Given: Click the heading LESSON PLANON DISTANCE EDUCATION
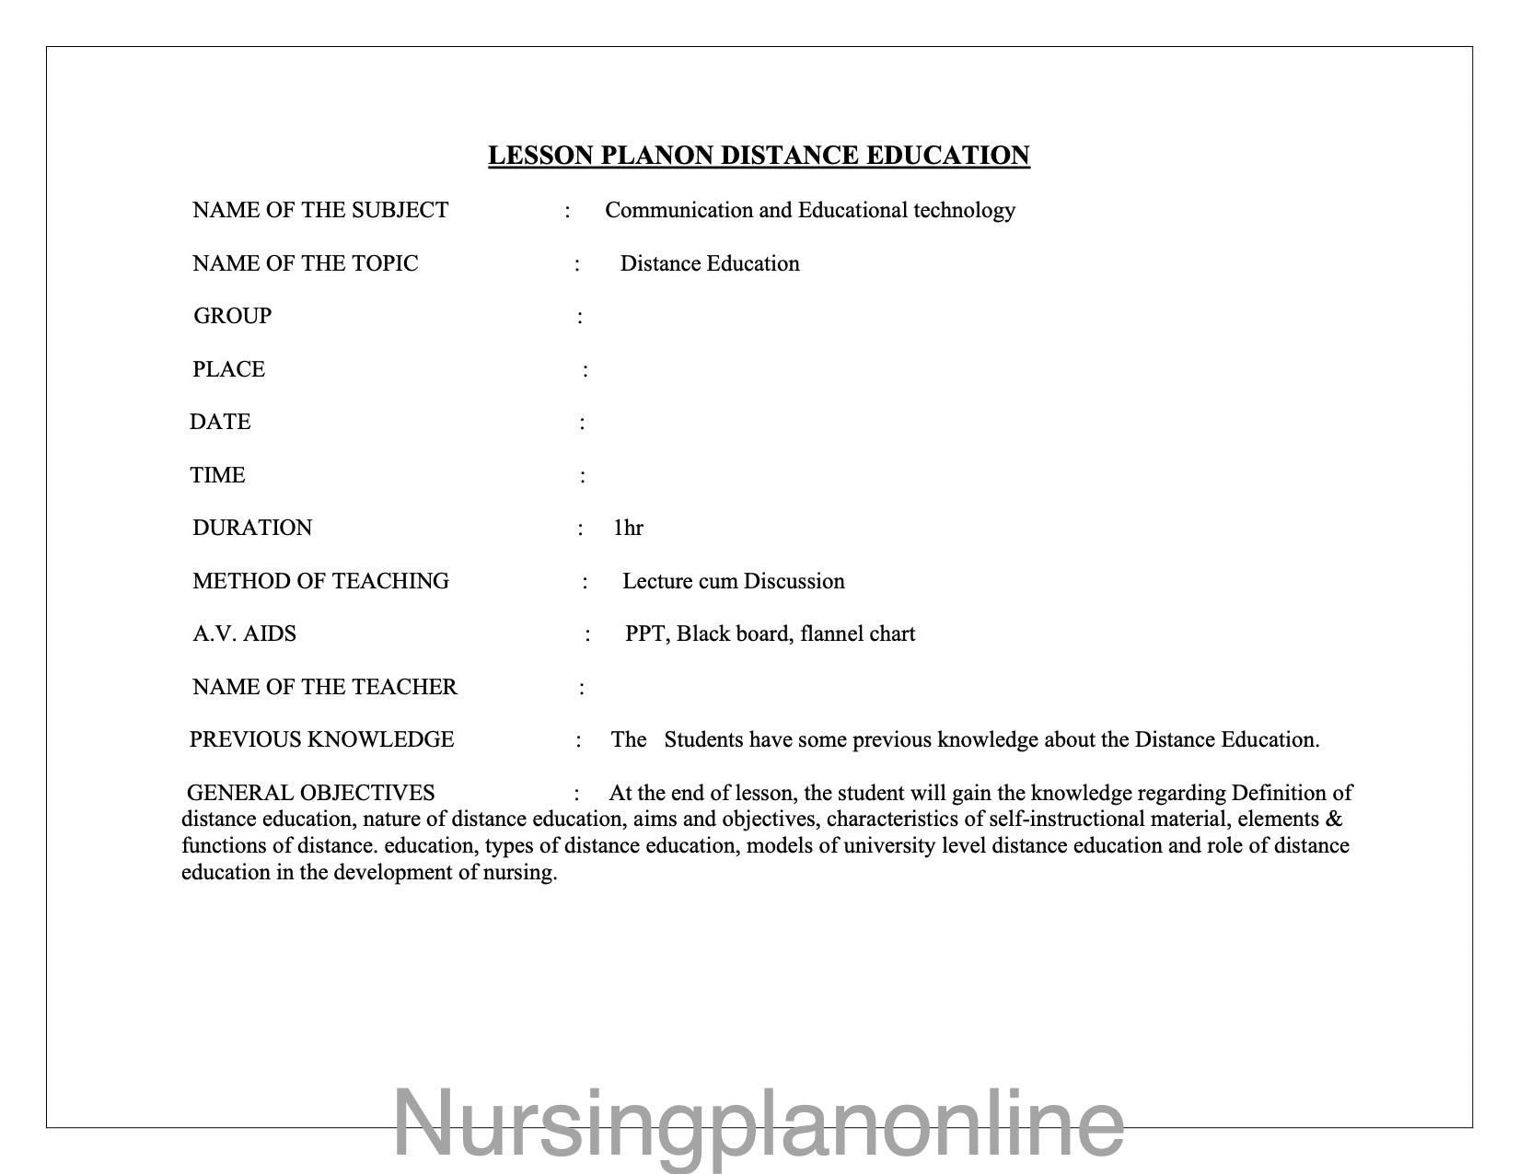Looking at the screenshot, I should point(759,156).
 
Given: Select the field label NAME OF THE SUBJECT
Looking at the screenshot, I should point(320,211).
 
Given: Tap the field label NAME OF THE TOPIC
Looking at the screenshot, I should point(305,264).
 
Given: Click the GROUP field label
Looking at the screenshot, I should point(232,317).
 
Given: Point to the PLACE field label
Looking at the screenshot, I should point(228,370).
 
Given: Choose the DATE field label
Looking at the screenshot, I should point(220,423).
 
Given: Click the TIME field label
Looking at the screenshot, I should point(217,476).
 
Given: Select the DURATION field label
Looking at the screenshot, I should point(252,529).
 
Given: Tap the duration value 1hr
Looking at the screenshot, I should point(628,529).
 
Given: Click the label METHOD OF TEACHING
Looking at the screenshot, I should point(320,582).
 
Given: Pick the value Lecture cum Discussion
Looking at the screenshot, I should point(733,582).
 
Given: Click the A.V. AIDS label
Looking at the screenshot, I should point(244,634).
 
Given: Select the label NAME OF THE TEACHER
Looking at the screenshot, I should point(324,688).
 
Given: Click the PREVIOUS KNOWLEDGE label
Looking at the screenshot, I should point(321,740).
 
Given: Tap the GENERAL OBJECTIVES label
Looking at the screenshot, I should point(310,794).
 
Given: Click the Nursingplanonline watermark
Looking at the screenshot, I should point(759,1123).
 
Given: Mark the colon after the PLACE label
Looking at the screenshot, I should point(586,371).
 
